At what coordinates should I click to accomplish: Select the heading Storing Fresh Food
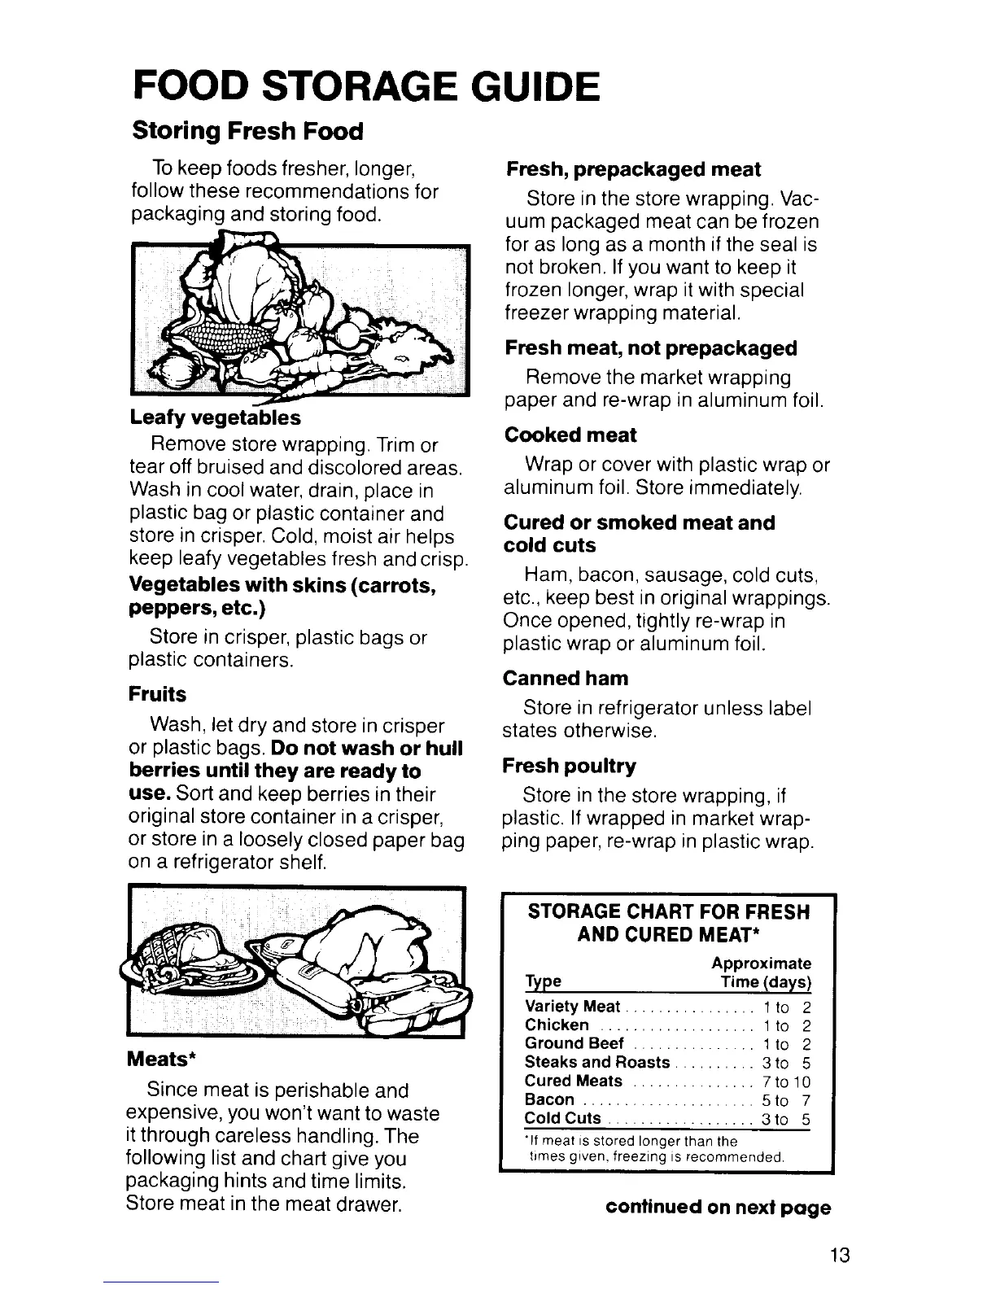click(x=242, y=130)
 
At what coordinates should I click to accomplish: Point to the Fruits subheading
click(x=157, y=694)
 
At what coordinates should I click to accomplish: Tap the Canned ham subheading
click(x=566, y=678)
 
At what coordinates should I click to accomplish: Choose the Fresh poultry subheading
click(x=569, y=766)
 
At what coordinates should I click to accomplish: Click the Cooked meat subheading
click(x=570, y=435)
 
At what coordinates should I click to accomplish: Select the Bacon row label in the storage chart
click(x=550, y=1100)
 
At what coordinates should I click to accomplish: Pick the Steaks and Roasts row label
click(x=597, y=1063)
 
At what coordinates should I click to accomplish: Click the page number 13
click(x=841, y=1254)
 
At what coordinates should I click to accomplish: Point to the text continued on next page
click(x=719, y=1208)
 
